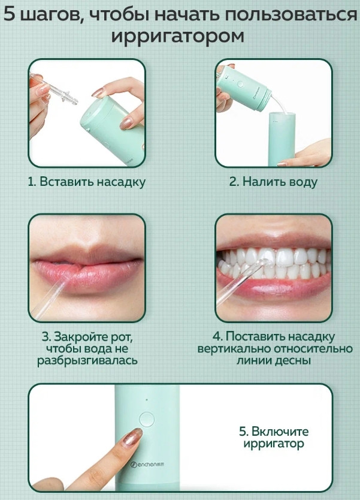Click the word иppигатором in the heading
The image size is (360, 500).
click(x=178, y=36)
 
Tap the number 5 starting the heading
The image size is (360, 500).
click(x=10, y=14)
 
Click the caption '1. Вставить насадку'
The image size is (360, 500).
click(x=87, y=182)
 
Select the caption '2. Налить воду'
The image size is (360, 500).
click(x=273, y=182)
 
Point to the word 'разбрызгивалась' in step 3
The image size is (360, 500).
click(x=87, y=361)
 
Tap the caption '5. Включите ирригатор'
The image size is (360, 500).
click(x=274, y=438)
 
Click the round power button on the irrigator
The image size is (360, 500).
click(x=147, y=419)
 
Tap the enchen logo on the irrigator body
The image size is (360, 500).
click(x=147, y=464)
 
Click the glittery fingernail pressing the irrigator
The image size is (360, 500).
click(x=132, y=436)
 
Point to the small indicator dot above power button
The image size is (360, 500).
click(x=147, y=399)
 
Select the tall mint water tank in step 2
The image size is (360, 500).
click(x=282, y=139)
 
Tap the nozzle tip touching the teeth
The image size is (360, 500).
click(x=263, y=263)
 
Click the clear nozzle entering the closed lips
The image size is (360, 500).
click(x=51, y=298)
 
